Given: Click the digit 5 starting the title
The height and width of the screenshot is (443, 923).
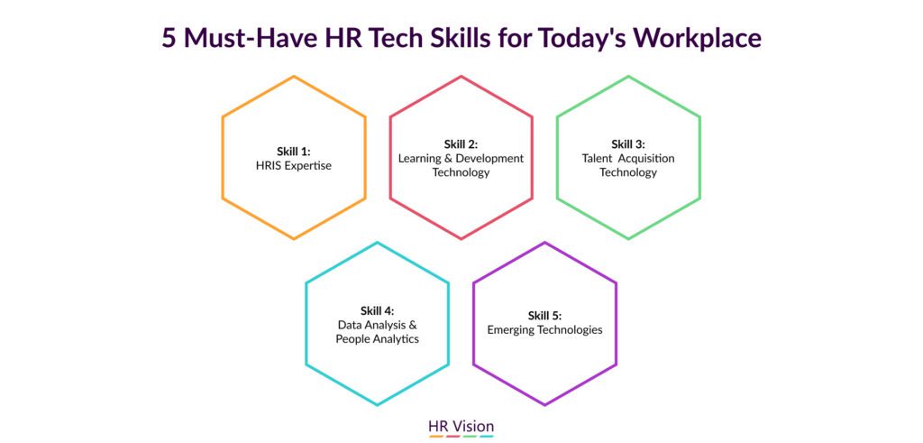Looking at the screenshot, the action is (x=169, y=38).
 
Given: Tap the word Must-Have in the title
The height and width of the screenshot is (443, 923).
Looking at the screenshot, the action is (x=251, y=38).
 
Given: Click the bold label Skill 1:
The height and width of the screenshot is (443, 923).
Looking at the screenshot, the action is (x=294, y=151).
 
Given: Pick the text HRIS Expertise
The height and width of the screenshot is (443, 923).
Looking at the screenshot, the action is (x=294, y=165).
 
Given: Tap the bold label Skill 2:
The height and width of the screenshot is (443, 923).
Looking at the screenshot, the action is (x=461, y=144).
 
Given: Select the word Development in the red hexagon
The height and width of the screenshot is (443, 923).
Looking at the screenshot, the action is (x=490, y=159).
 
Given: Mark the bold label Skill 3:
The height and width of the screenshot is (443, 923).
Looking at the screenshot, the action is (x=628, y=144).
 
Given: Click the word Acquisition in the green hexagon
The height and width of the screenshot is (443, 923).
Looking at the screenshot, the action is (x=645, y=159).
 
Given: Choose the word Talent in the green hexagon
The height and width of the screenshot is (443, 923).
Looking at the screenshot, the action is (x=597, y=159).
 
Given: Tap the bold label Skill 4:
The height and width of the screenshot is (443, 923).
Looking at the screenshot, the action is (x=378, y=310).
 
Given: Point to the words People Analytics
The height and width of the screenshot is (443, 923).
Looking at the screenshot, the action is (x=378, y=339).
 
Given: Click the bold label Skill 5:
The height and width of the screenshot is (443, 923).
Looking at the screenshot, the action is (x=544, y=315).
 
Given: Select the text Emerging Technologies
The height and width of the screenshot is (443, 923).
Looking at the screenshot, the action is (x=544, y=330).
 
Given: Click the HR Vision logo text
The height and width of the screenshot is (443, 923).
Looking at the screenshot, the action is (x=461, y=426).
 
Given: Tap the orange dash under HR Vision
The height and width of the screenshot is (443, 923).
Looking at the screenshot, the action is (x=436, y=437).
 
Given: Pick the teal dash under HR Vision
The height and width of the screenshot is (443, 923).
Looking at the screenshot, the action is (x=486, y=437).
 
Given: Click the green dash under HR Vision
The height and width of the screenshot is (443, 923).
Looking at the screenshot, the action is (x=470, y=437).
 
